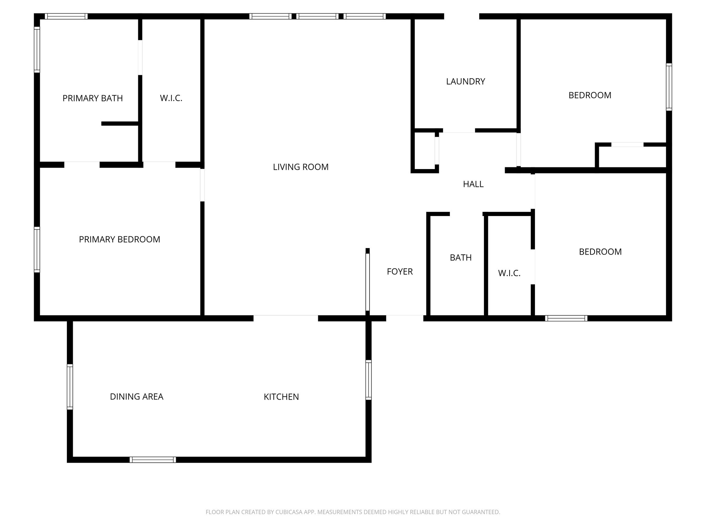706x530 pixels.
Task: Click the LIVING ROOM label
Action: point(301,167)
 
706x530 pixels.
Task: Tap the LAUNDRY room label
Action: point(465,81)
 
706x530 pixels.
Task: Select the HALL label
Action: point(473,184)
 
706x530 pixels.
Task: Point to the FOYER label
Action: point(400,272)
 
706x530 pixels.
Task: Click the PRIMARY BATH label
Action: point(92,98)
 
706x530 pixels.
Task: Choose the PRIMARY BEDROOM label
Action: point(119,239)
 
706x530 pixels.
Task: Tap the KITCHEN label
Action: point(281,397)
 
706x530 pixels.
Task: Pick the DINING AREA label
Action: point(137,397)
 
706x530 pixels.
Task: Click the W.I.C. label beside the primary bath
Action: point(171,98)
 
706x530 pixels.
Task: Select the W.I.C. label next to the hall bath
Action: point(509,273)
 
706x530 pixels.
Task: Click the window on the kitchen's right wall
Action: point(368,380)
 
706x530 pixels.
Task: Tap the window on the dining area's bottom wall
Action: point(153,460)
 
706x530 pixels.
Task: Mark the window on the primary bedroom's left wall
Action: point(37,249)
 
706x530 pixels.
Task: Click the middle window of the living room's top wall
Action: point(317,16)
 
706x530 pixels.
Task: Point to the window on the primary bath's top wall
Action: point(66,16)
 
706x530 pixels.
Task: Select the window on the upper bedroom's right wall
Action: point(669,87)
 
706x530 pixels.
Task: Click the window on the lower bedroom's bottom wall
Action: point(566,318)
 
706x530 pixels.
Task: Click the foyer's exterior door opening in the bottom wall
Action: point(404,318)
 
